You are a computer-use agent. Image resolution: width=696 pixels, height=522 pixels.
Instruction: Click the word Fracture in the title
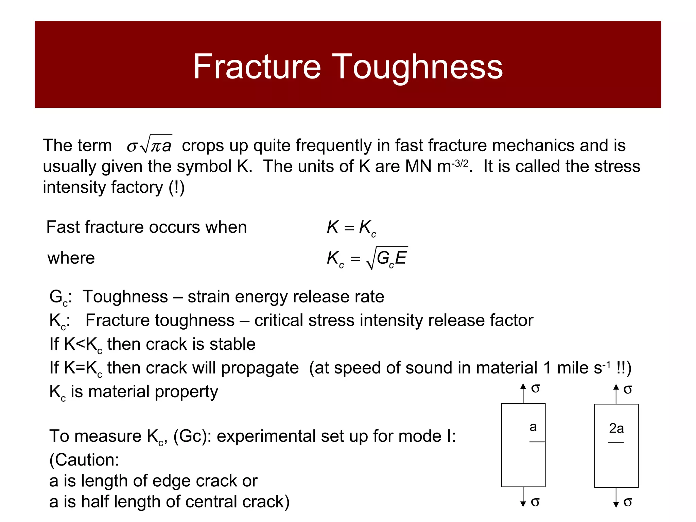click(x=257, y=67)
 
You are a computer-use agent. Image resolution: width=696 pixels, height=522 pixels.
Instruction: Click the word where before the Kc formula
click(x=71, y=258)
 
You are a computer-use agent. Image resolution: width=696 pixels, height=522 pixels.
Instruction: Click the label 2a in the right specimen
click(x=616, y=428)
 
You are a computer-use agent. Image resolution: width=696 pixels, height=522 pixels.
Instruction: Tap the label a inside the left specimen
click(x=533, y=427)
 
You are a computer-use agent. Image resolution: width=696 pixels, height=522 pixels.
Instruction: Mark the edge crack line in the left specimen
click(x=537, y=442)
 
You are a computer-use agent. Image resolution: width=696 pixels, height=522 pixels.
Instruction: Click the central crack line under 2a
click(x=616, y=442)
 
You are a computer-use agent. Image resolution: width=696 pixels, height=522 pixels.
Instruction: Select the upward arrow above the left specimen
click(x=523, y=393)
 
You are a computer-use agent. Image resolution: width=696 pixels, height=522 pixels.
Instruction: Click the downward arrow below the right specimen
click(x=616, y=498)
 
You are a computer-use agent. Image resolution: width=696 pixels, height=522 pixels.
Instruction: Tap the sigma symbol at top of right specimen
click(x=628, y=389)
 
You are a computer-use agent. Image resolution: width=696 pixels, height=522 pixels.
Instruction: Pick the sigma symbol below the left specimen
click(x=535, y=502)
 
